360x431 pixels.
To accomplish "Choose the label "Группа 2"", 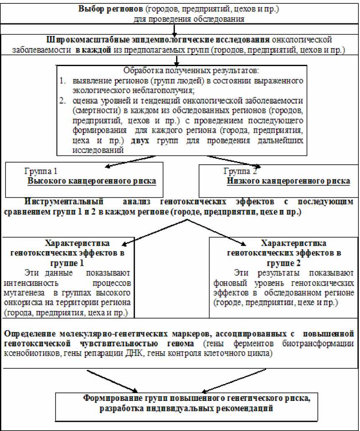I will (x=240, y=171).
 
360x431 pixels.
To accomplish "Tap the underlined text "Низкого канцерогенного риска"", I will (x=289, y=181).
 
